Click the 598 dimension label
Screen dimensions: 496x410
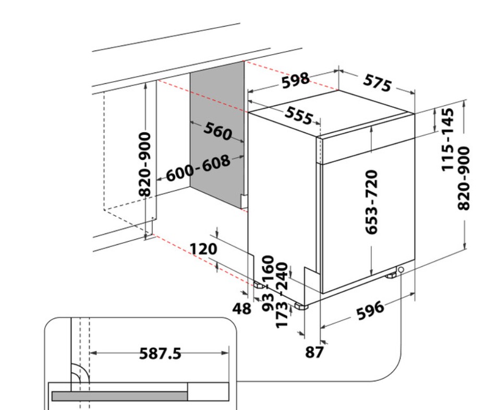click(295, 81)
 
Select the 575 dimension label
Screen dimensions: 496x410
click(377, 83)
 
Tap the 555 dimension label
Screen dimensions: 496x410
click(299, 115)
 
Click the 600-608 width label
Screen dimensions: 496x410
click(198, 168)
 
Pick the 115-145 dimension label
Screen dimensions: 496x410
click(447, 140)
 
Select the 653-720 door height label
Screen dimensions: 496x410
click(371, 202)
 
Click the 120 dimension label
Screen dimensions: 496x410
click(203, 249)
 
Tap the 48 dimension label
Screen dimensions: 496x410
click(242, 308)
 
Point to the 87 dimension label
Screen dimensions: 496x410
click(314, 352)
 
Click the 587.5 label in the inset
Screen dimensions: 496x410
click(160, 353)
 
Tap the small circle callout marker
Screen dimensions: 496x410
click(401, 270)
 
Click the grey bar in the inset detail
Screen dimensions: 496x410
click(119, 396)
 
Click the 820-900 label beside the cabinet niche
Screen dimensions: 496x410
click(145, 164)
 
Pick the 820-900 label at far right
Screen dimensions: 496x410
click(464, 178)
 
